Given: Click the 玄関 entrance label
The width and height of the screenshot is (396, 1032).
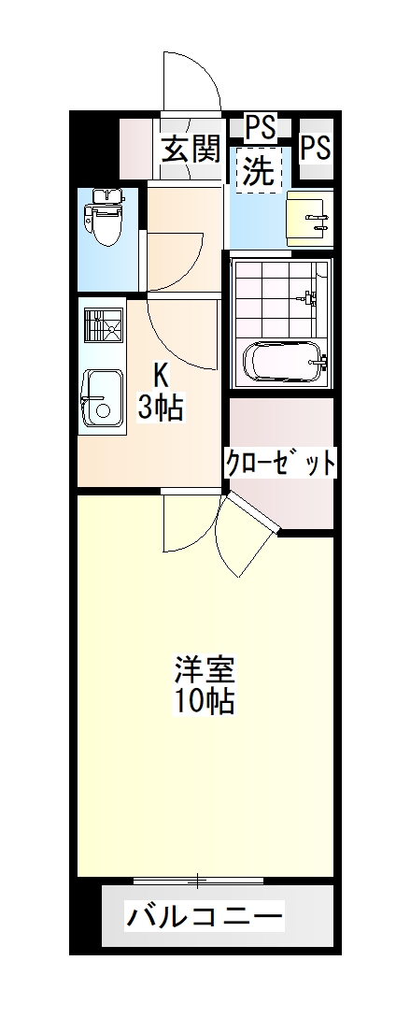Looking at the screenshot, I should pyautogui.click(x=191, y=149).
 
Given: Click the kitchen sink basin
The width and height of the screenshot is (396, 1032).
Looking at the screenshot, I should pyautogui.click(x=100, y=398).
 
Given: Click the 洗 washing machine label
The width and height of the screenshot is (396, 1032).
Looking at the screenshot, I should pyautogui.click(x=258, y=170).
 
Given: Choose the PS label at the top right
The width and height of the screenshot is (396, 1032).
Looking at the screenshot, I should pyautogui.click(x=316, y=147).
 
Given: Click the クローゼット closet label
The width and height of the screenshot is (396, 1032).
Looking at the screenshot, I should pyautogui.click(x=279, y=462).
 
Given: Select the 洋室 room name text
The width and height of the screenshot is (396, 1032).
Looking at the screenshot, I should pyautogui.click(x=205, y=671).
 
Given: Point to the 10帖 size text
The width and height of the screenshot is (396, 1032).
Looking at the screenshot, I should pyautogui.click(x=205, y=700).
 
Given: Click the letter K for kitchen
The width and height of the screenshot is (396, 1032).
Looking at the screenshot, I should pyautogui.click(x=161, y=376).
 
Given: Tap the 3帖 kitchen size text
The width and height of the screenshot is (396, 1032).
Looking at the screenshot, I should pyautogui.click(x=161, y=408).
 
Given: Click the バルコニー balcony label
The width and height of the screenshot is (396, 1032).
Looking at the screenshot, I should pyautogui.click(x=205, y=915).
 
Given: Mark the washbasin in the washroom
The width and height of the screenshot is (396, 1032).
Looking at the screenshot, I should pyautogui.click(x=308, y=219).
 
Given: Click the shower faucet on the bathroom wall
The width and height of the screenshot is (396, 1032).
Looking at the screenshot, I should pyautogui.click(x=307, y=299).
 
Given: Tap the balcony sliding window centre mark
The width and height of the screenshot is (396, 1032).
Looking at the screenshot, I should pyautogui.click(x=198, y=880).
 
